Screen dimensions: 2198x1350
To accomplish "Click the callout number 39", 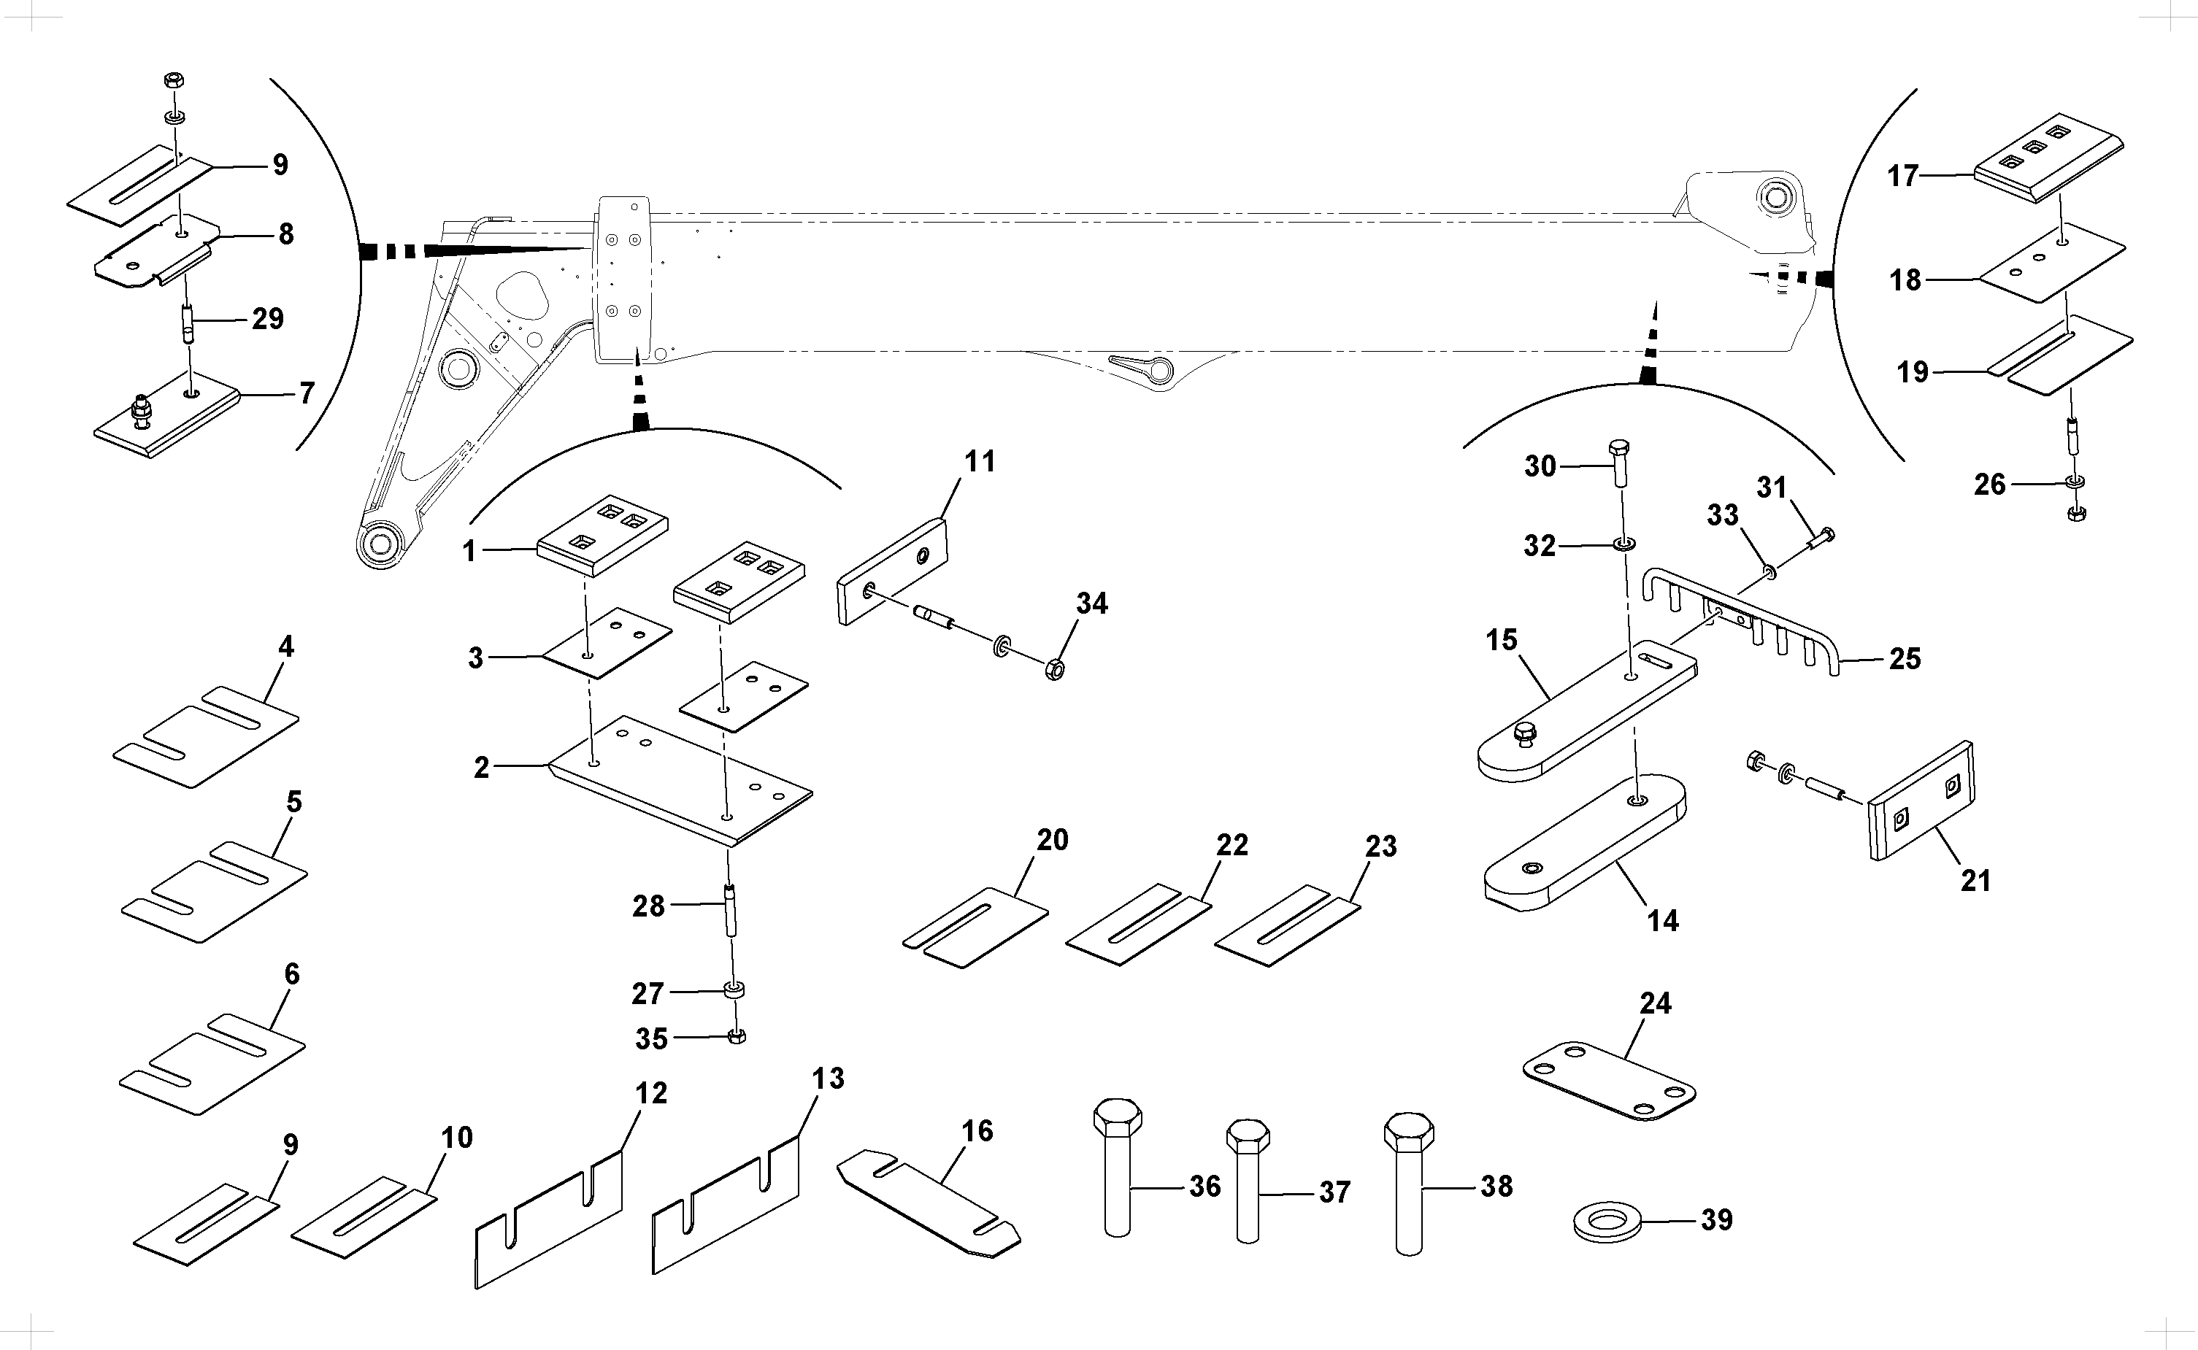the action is click(1715, 1219).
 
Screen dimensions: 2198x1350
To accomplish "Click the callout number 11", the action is click(979, 462).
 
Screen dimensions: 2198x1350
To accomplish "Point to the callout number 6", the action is click(291, 974).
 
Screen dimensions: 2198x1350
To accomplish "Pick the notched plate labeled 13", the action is click(726, 1206).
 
